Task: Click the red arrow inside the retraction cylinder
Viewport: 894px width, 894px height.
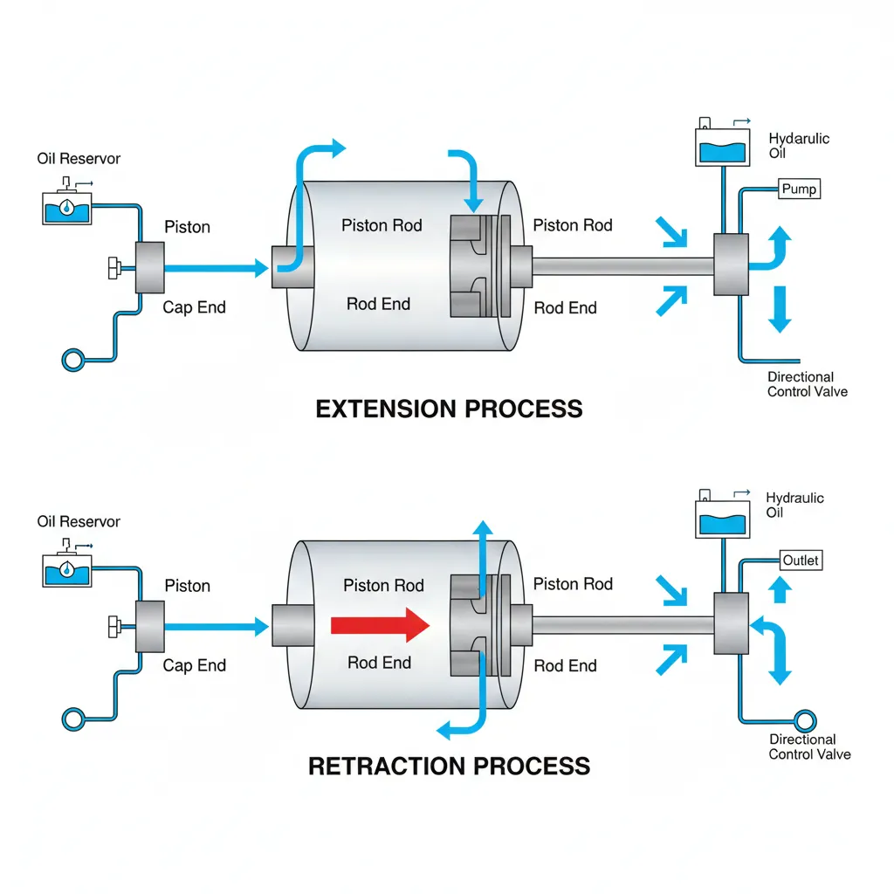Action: (380, 625)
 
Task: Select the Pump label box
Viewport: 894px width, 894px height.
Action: (799, 189)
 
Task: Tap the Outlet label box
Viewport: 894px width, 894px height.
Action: (801, 560)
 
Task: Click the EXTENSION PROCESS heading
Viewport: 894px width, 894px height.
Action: (449, 409)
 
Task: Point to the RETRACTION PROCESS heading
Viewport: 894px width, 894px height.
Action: (449, 766)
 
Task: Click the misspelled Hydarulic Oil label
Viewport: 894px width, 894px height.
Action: (798, 146)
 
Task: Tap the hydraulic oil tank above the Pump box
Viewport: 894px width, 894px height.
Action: (722, 147)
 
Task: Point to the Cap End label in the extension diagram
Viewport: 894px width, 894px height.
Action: (194, 307)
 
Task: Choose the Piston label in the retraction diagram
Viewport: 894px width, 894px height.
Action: (187, 586)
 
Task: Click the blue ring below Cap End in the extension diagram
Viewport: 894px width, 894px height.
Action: (73, 361)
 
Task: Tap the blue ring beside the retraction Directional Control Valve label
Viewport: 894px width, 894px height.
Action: (804, 721)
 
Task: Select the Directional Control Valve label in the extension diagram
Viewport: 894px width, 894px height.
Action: (808, 384)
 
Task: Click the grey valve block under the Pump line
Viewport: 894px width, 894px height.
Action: (731, 265)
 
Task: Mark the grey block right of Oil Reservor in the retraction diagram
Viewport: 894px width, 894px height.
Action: (150, 627)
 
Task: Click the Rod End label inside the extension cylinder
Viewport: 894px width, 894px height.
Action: (379, 304)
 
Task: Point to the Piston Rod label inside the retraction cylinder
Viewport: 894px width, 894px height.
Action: (384, 586)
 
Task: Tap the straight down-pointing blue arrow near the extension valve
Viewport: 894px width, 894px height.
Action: (780, 309)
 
